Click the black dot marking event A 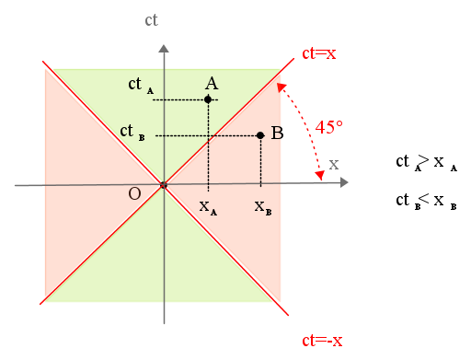208,99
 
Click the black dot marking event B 260,135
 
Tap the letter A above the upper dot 212,83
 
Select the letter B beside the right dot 277,134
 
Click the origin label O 134,193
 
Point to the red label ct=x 319,53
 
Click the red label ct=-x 322,341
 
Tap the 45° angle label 328,127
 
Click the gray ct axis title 151,20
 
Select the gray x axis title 334,165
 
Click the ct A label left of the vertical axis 141,85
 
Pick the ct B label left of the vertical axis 132,133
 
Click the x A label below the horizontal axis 208,208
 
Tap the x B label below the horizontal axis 263,208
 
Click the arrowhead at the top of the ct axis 164,49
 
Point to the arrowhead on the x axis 344,182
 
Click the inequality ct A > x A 427,163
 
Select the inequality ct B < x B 426,202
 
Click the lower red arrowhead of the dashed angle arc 320,175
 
